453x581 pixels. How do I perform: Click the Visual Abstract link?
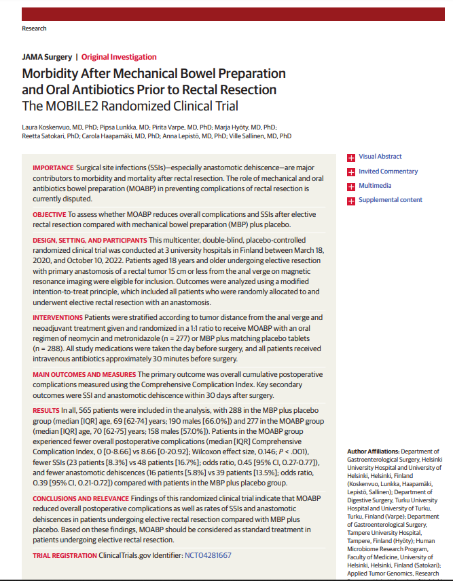click(x=380, y=157)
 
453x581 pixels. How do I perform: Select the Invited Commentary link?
click(x=388, y=172)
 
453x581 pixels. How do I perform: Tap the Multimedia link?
click(x=374, y=186)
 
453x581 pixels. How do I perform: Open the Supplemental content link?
click(x=390, y=200)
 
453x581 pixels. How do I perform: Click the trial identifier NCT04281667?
click(x=208, y=555)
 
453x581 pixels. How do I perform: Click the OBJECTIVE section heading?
click(x=50, y=214)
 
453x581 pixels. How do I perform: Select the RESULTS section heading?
click(x=46, y=411)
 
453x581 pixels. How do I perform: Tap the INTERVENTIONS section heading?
click(x=57, y=317)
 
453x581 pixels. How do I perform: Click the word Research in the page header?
click(x=35, y=28)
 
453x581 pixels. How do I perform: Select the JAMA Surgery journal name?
click(x=47, y=57)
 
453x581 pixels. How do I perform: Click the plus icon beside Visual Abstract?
click(x=351, y=157)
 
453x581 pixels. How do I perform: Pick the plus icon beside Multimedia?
click(x=351, y=186)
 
